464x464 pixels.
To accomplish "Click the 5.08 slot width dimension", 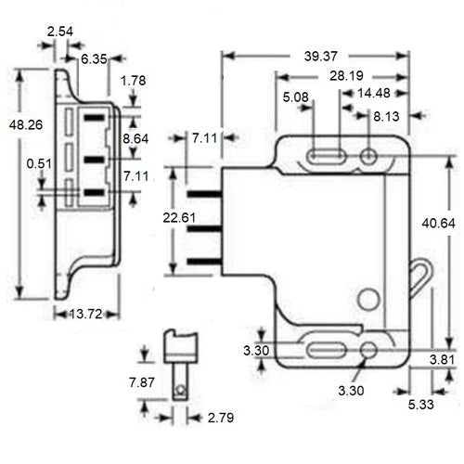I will (295, 95).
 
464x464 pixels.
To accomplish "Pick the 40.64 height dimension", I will (439, 224).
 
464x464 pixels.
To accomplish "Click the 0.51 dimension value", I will (39, 165).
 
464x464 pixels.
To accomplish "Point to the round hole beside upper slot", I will (368, 156).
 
